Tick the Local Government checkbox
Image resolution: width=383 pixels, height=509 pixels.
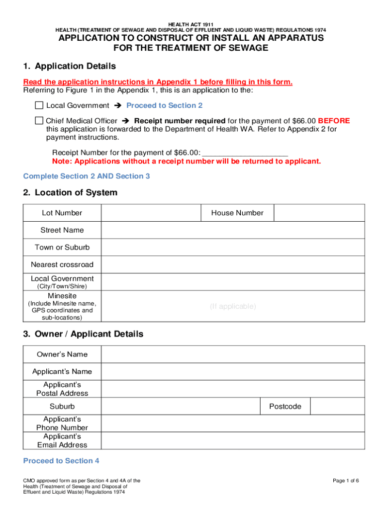[x=39, y=105]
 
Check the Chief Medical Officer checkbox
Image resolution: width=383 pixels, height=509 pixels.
[x=39, y=121]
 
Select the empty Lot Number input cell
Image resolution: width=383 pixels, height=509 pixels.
[x=151, y=213]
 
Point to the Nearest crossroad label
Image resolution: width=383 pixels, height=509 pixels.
[x=62, y=264]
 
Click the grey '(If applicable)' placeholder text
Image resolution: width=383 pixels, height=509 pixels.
[x=233, y=306]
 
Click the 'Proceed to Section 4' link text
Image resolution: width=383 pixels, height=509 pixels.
[x=61, y=461]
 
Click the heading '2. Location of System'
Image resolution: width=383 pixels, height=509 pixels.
[x=70, y=192]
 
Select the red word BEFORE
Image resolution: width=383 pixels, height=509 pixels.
[x=334, y=121]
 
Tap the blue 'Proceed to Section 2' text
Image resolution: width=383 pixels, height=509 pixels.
[x=164, y=105]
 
